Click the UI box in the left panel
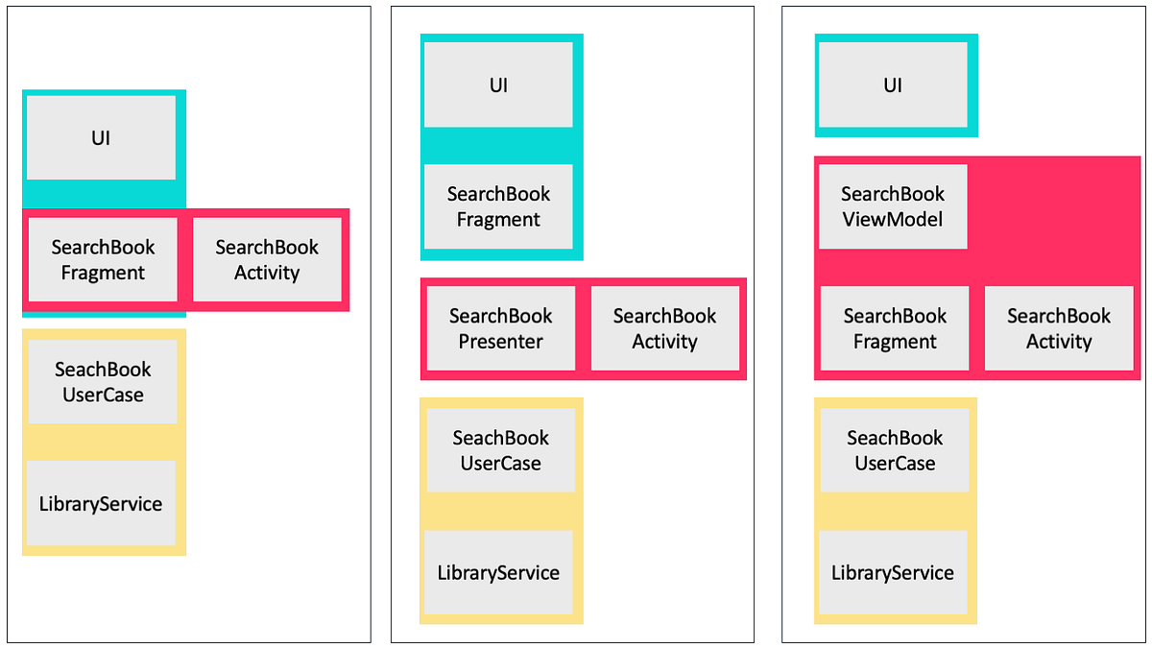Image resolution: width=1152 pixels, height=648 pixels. [101, 137]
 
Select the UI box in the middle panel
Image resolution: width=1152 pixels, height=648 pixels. [498, 84]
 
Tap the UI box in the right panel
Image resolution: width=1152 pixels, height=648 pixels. [892, 84]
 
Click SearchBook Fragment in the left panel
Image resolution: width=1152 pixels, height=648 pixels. [103, 259]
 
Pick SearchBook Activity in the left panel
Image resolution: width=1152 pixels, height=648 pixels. [267, 259]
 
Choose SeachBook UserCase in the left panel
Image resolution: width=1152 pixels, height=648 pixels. [103, 381]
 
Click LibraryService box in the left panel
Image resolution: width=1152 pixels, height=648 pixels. [101, 503]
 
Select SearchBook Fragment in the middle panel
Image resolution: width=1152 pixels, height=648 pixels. [498, 206]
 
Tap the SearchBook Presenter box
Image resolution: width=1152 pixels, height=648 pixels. [500, 328]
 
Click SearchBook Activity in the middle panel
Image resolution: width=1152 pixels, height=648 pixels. [664, 328]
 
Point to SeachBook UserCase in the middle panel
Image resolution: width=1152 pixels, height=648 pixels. [500, 450]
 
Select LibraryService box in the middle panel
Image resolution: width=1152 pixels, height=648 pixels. [498, 572]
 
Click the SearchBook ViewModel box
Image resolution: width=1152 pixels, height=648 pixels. [893, 206]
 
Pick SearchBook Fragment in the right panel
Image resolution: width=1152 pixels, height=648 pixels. [895, 328]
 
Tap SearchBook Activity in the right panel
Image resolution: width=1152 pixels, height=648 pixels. [1059, 328]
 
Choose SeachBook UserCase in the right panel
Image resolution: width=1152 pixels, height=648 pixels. [895, 450]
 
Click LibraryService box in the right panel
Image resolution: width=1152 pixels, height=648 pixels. [893, 572]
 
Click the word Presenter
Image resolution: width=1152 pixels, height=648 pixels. [500, 342]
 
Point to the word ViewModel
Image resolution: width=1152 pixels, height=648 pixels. [893, 220]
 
